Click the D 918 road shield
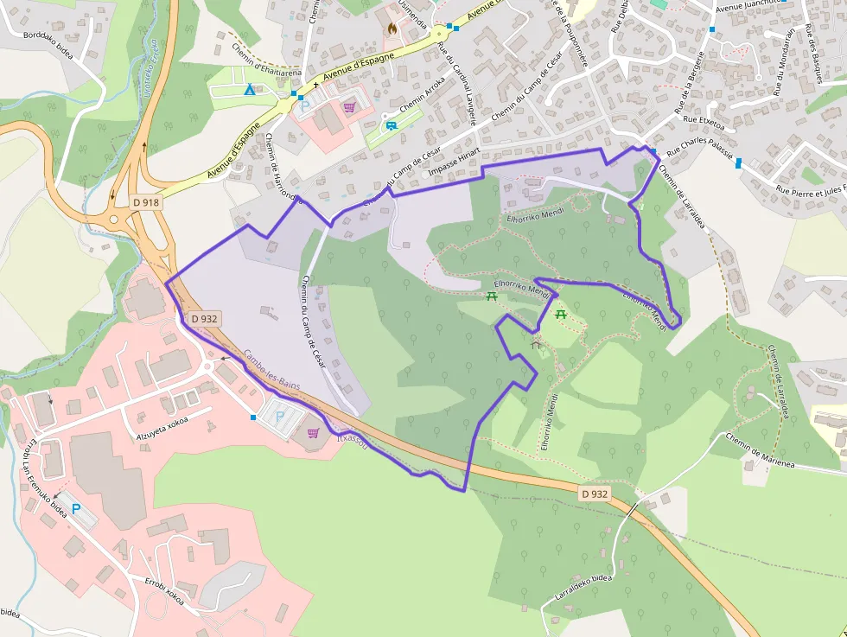[146, 202]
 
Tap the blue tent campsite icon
[249, 89]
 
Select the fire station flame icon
[392, 28]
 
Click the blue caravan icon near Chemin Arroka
[392, 125]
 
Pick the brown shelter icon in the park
[536, 344]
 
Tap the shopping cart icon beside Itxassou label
[313, 433]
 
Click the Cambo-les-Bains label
[271, 363]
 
